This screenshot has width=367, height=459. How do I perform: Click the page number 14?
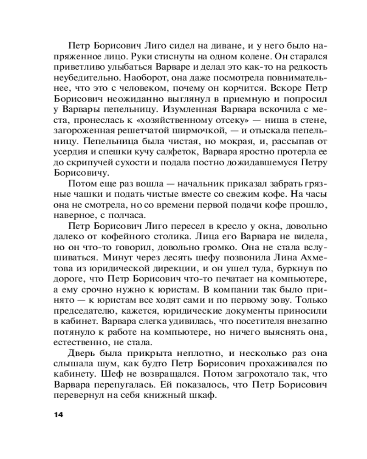pyautogui.click(x=57, y=415)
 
